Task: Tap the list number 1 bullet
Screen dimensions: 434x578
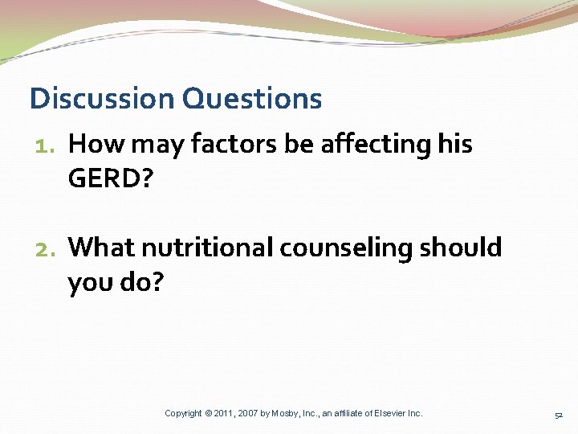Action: pyautogui.click(x=47, y=145)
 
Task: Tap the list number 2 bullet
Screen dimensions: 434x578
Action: pyautogui.click(x=47, y=248)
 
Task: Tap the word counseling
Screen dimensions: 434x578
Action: pyautogui.click(x=346, y=248)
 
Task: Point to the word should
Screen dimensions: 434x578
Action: pyautogui.click(x=461, y=248)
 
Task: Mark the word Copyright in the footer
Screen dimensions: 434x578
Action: pyautogui.click(x=183, y=413)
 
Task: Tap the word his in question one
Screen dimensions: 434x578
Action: pyautogui.click(x=455, y=145)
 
